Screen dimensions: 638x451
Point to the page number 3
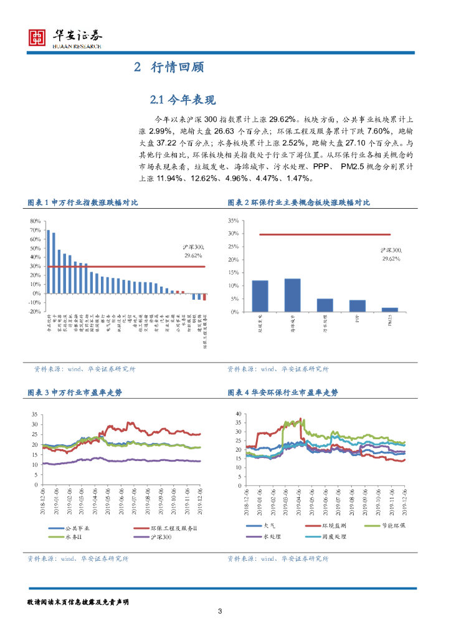(x=220, y=611)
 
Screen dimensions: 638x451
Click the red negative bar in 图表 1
(x=204, y=297)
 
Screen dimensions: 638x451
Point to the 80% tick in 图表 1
(x=35, y=221)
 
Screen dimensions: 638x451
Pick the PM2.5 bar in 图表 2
(x=390, y=310)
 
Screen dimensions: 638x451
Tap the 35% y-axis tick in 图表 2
(x=234, y=221)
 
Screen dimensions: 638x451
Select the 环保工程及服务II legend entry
(x=168, y=528)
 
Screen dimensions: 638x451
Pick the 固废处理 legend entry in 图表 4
(x=325, y=536)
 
